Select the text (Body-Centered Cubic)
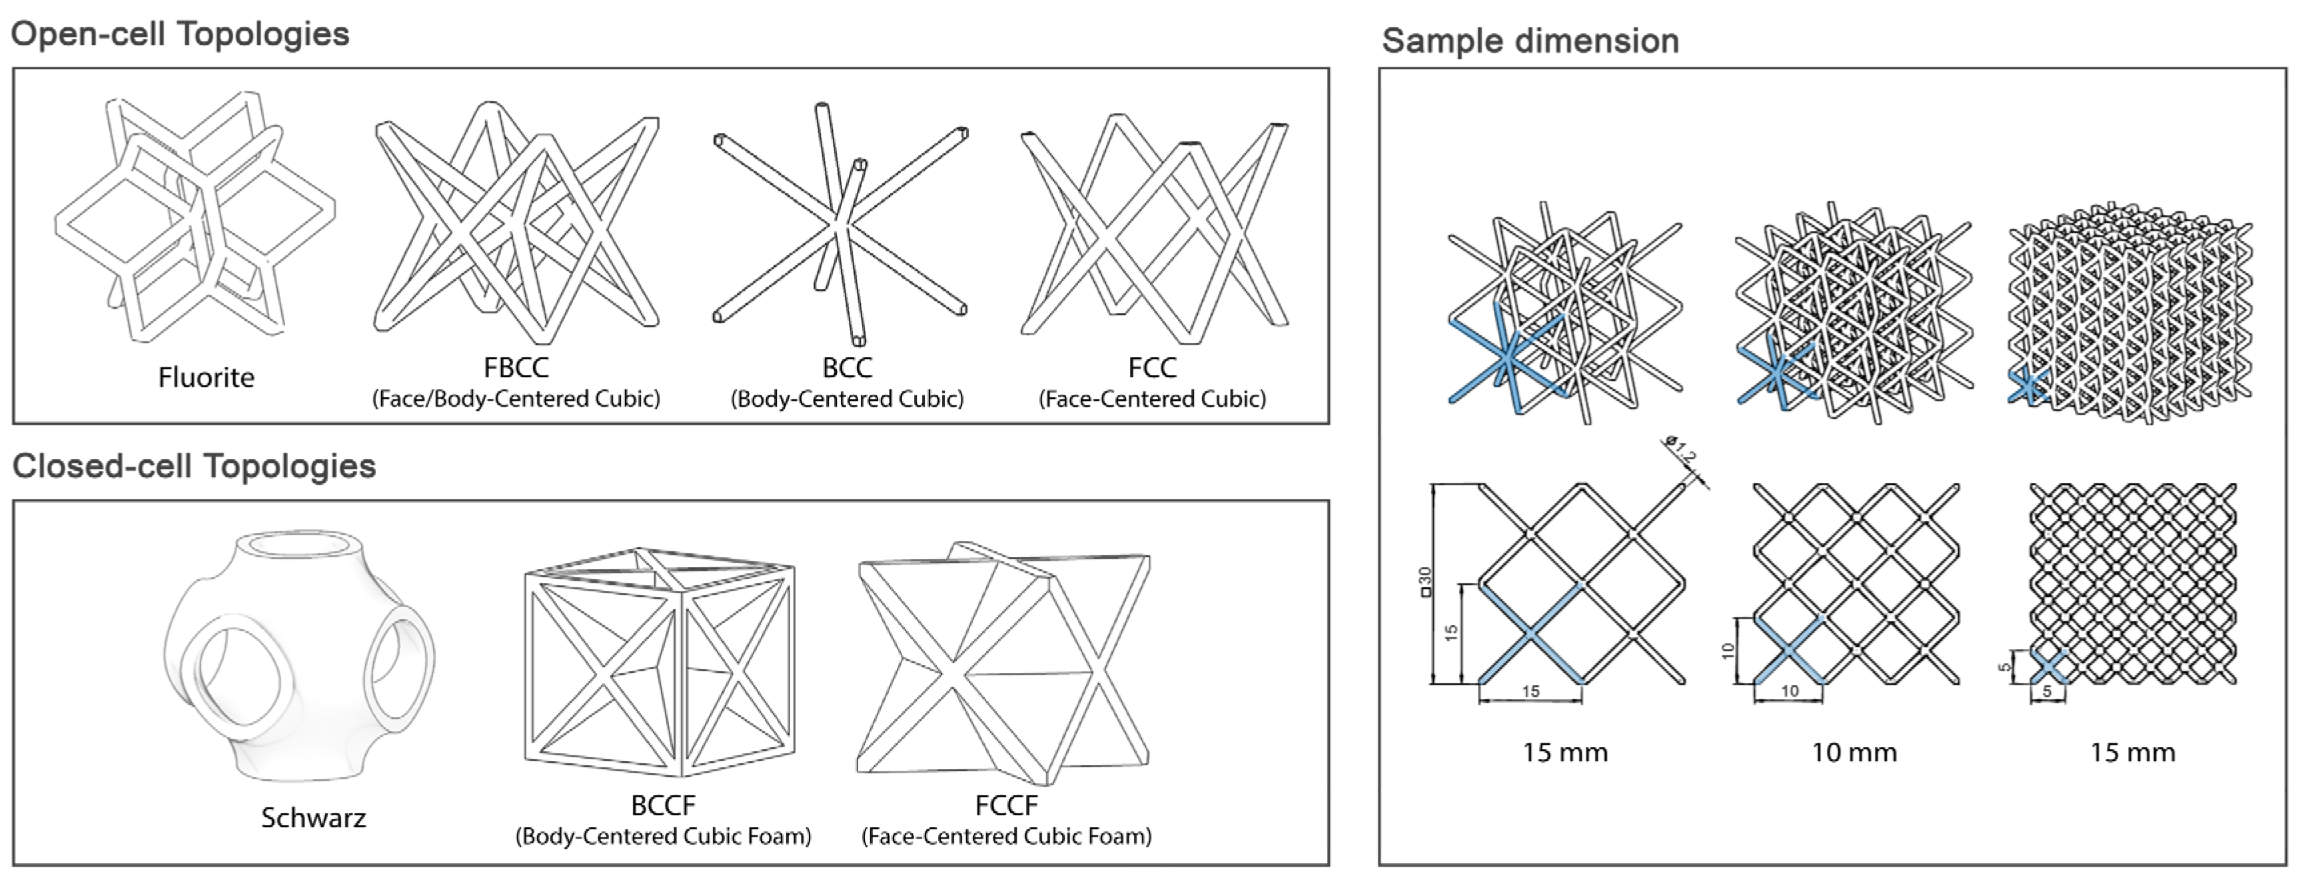click(x=846, y=399)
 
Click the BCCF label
click(x=662, y=805)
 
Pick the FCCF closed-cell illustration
click(x=1003, y=661)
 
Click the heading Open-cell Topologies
click(x=180, y=34)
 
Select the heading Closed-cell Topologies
click(x=194, y=466)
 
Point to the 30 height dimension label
click(x=1425, y=582)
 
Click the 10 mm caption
click(x=1854, y=753)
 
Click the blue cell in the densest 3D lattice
click(x=2027, y=386)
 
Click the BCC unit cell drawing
click(x=840, y=223)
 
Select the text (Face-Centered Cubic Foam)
click(x=1006, y=837)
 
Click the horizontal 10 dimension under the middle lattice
click(x=1789, y=691)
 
